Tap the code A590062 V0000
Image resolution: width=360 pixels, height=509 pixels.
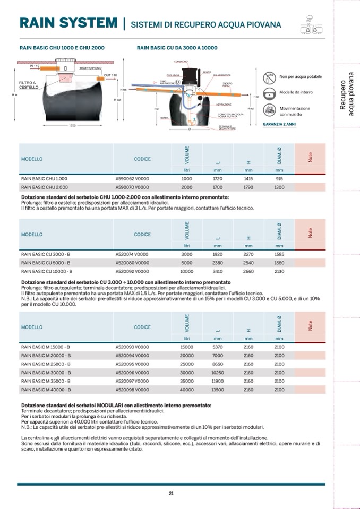coord(132,179)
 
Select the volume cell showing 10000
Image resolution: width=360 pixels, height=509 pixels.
coord(187,271)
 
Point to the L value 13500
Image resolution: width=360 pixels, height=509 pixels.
coord(217,390)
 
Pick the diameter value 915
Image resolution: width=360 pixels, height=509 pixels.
coord(279,179)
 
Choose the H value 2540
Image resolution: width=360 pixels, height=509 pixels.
coord(248,262)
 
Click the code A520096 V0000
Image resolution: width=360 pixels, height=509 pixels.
coord(132,373)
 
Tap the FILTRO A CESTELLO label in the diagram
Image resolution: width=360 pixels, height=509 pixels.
coord(28,85)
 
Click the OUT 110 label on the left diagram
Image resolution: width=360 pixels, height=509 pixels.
coord(110,75)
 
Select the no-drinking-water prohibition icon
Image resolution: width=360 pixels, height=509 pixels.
coord(269,77)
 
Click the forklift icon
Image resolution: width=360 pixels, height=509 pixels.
coord(269,110)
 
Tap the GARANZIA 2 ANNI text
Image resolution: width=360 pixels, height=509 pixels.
coord(280,124)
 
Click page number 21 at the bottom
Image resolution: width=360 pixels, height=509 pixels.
coord(171,493)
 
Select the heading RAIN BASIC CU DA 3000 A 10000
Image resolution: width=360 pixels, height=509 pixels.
coord(177,48)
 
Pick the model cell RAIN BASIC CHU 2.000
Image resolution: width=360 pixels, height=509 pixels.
coord(44,187)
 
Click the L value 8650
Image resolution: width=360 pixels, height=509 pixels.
coord(217,364)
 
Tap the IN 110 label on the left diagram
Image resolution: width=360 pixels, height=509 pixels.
coord(35,66)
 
